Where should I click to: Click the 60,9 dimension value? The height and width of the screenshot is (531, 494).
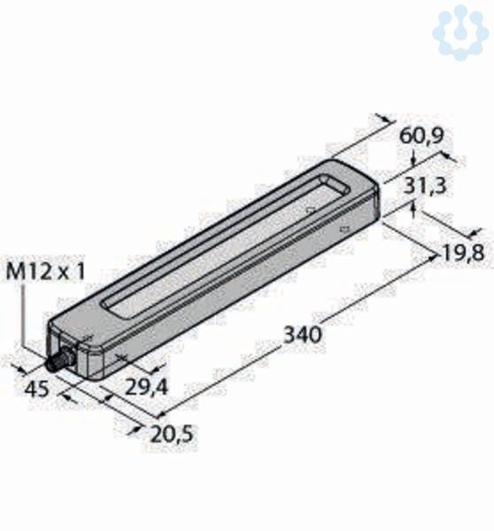421,136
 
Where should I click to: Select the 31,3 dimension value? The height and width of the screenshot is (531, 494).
425,186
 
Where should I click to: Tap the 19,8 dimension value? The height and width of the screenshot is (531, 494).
463,253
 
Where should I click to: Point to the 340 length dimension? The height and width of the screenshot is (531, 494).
301,335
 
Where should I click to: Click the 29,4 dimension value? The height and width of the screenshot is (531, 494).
146,387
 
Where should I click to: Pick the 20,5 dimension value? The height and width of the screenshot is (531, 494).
172,435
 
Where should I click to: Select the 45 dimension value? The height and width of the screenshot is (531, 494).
36,389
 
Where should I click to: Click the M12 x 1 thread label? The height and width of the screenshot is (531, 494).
45,272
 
